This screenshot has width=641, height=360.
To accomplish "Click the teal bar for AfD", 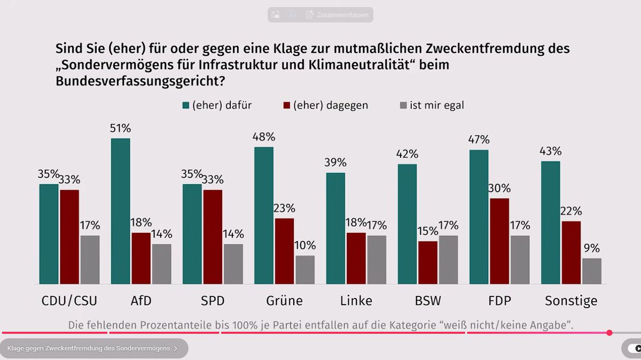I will coord(120,211).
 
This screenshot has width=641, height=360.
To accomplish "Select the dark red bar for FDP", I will coord(499,241).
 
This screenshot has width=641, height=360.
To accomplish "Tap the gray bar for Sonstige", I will coord(591,271).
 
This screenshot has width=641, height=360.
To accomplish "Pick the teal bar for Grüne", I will coord(263,215).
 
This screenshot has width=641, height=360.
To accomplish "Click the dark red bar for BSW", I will coord(427,262).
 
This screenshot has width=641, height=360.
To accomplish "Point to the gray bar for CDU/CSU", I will coord(90,260).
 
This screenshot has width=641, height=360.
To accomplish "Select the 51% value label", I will coord(120,128).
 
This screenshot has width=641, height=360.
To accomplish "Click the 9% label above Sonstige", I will coord(591,248).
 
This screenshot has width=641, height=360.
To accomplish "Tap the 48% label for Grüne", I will coord(263,137).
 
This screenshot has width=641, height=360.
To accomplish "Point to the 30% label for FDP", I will coord(499,188).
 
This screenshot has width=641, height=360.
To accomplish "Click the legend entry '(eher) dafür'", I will coord(216,105).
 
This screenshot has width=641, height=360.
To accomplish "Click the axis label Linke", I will coord(356,301).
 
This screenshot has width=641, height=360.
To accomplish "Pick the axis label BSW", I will coord(428,301).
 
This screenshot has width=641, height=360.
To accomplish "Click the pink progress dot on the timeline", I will coord(609,332).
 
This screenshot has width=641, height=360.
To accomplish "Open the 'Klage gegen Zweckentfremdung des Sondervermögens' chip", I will coord(93,348).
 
